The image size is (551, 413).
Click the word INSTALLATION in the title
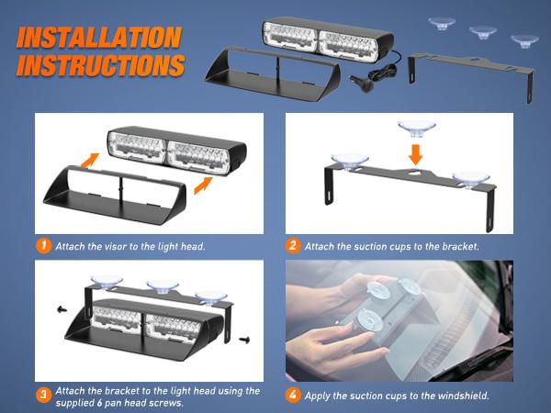click(x=98, y=38)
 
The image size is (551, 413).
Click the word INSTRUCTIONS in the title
click(x=100, y=66)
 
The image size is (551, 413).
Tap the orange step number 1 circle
click(x=44, y=246)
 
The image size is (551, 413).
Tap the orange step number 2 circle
click(x=294, y=246)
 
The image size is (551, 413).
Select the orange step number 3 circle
click(x=44, y=396)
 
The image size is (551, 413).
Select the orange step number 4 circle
click(x=294, y=396)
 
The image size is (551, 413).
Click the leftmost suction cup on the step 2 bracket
click(x=348, y=160)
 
